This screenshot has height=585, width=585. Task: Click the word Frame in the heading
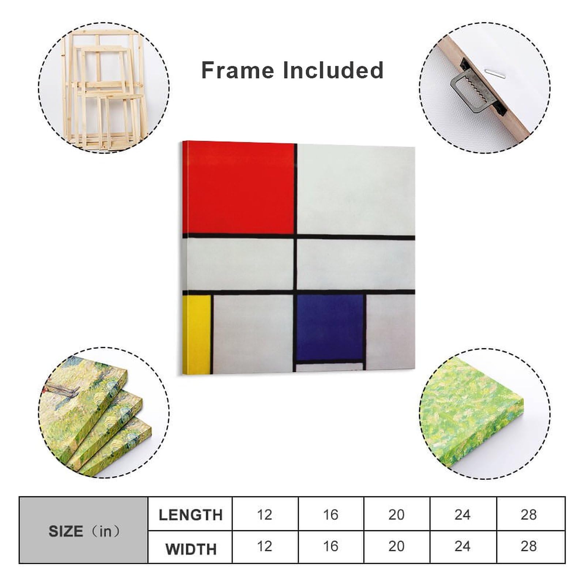coord(237,70)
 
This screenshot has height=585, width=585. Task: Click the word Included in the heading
coord(333,70)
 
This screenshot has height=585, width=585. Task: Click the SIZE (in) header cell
coord(84,531)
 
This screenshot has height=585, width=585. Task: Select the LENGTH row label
coord(190,515)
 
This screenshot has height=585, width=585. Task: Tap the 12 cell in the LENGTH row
coord(265,515)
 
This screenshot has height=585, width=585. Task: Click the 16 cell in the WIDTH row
coord(331,546)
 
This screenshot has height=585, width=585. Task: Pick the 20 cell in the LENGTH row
coord(396,515)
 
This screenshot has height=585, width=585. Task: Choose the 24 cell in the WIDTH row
coord(463,546)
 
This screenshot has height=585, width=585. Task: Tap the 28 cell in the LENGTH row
coord(529,515)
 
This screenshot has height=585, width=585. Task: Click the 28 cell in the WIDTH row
coord(529,546)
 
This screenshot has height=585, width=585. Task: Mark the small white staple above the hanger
coord(495,72)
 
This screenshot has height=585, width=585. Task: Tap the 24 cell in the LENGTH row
coord(463,515)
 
